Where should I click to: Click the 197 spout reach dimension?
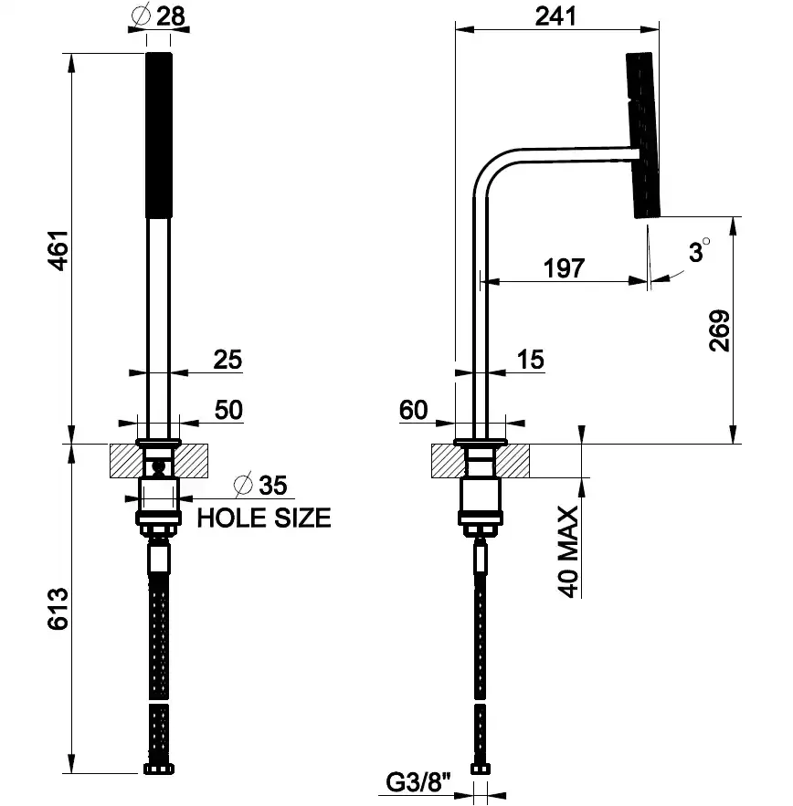[564, 268]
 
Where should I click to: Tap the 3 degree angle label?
[699, 251]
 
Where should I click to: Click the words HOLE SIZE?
[264, 518]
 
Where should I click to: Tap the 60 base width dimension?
[413, 410]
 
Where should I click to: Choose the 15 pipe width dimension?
[530, 360]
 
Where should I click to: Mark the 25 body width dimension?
[227, 360]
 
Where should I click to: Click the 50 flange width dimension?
[228, 410]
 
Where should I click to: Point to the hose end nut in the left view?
[157, 770]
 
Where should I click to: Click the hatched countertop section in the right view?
[516, 459]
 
